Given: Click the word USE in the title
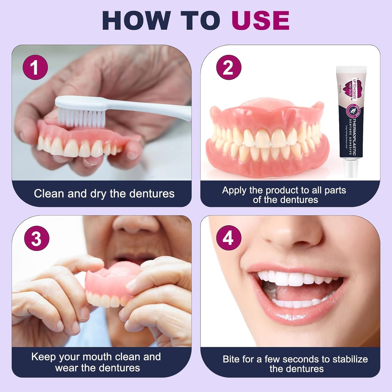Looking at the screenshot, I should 260,21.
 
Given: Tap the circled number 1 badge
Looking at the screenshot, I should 35,67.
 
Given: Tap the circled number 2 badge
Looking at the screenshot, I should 228,67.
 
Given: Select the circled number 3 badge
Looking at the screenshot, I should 37,238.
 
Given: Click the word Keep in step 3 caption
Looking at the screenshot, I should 43,357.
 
